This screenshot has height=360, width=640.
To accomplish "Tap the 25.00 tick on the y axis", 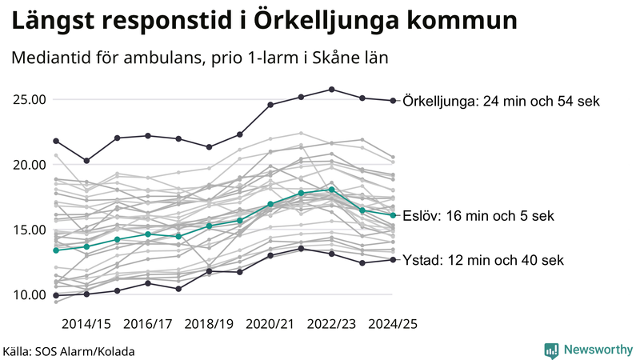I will [30, 100].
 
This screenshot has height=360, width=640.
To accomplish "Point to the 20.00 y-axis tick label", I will [30, 165].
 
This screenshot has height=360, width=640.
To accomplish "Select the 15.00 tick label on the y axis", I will [30, 230].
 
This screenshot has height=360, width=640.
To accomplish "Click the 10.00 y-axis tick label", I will [30, 294].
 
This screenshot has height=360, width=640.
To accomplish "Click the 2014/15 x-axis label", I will [86, 324].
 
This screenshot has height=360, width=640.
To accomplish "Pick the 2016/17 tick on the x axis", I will [148, 324].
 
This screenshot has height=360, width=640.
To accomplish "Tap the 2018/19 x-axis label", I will [209, 324].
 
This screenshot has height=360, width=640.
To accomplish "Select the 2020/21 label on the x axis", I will [270, 324].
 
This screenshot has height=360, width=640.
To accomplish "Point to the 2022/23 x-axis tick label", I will [331, 324].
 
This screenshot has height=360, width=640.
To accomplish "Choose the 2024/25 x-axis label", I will [392, 324].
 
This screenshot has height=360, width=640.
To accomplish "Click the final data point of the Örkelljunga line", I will [392, 101].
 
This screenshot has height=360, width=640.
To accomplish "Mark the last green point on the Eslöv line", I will [392, 215].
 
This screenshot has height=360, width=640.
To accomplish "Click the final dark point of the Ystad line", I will [392, 260].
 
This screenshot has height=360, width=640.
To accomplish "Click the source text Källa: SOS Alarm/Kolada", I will [69, 351].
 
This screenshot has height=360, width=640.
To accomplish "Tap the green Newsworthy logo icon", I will [551, 350].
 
